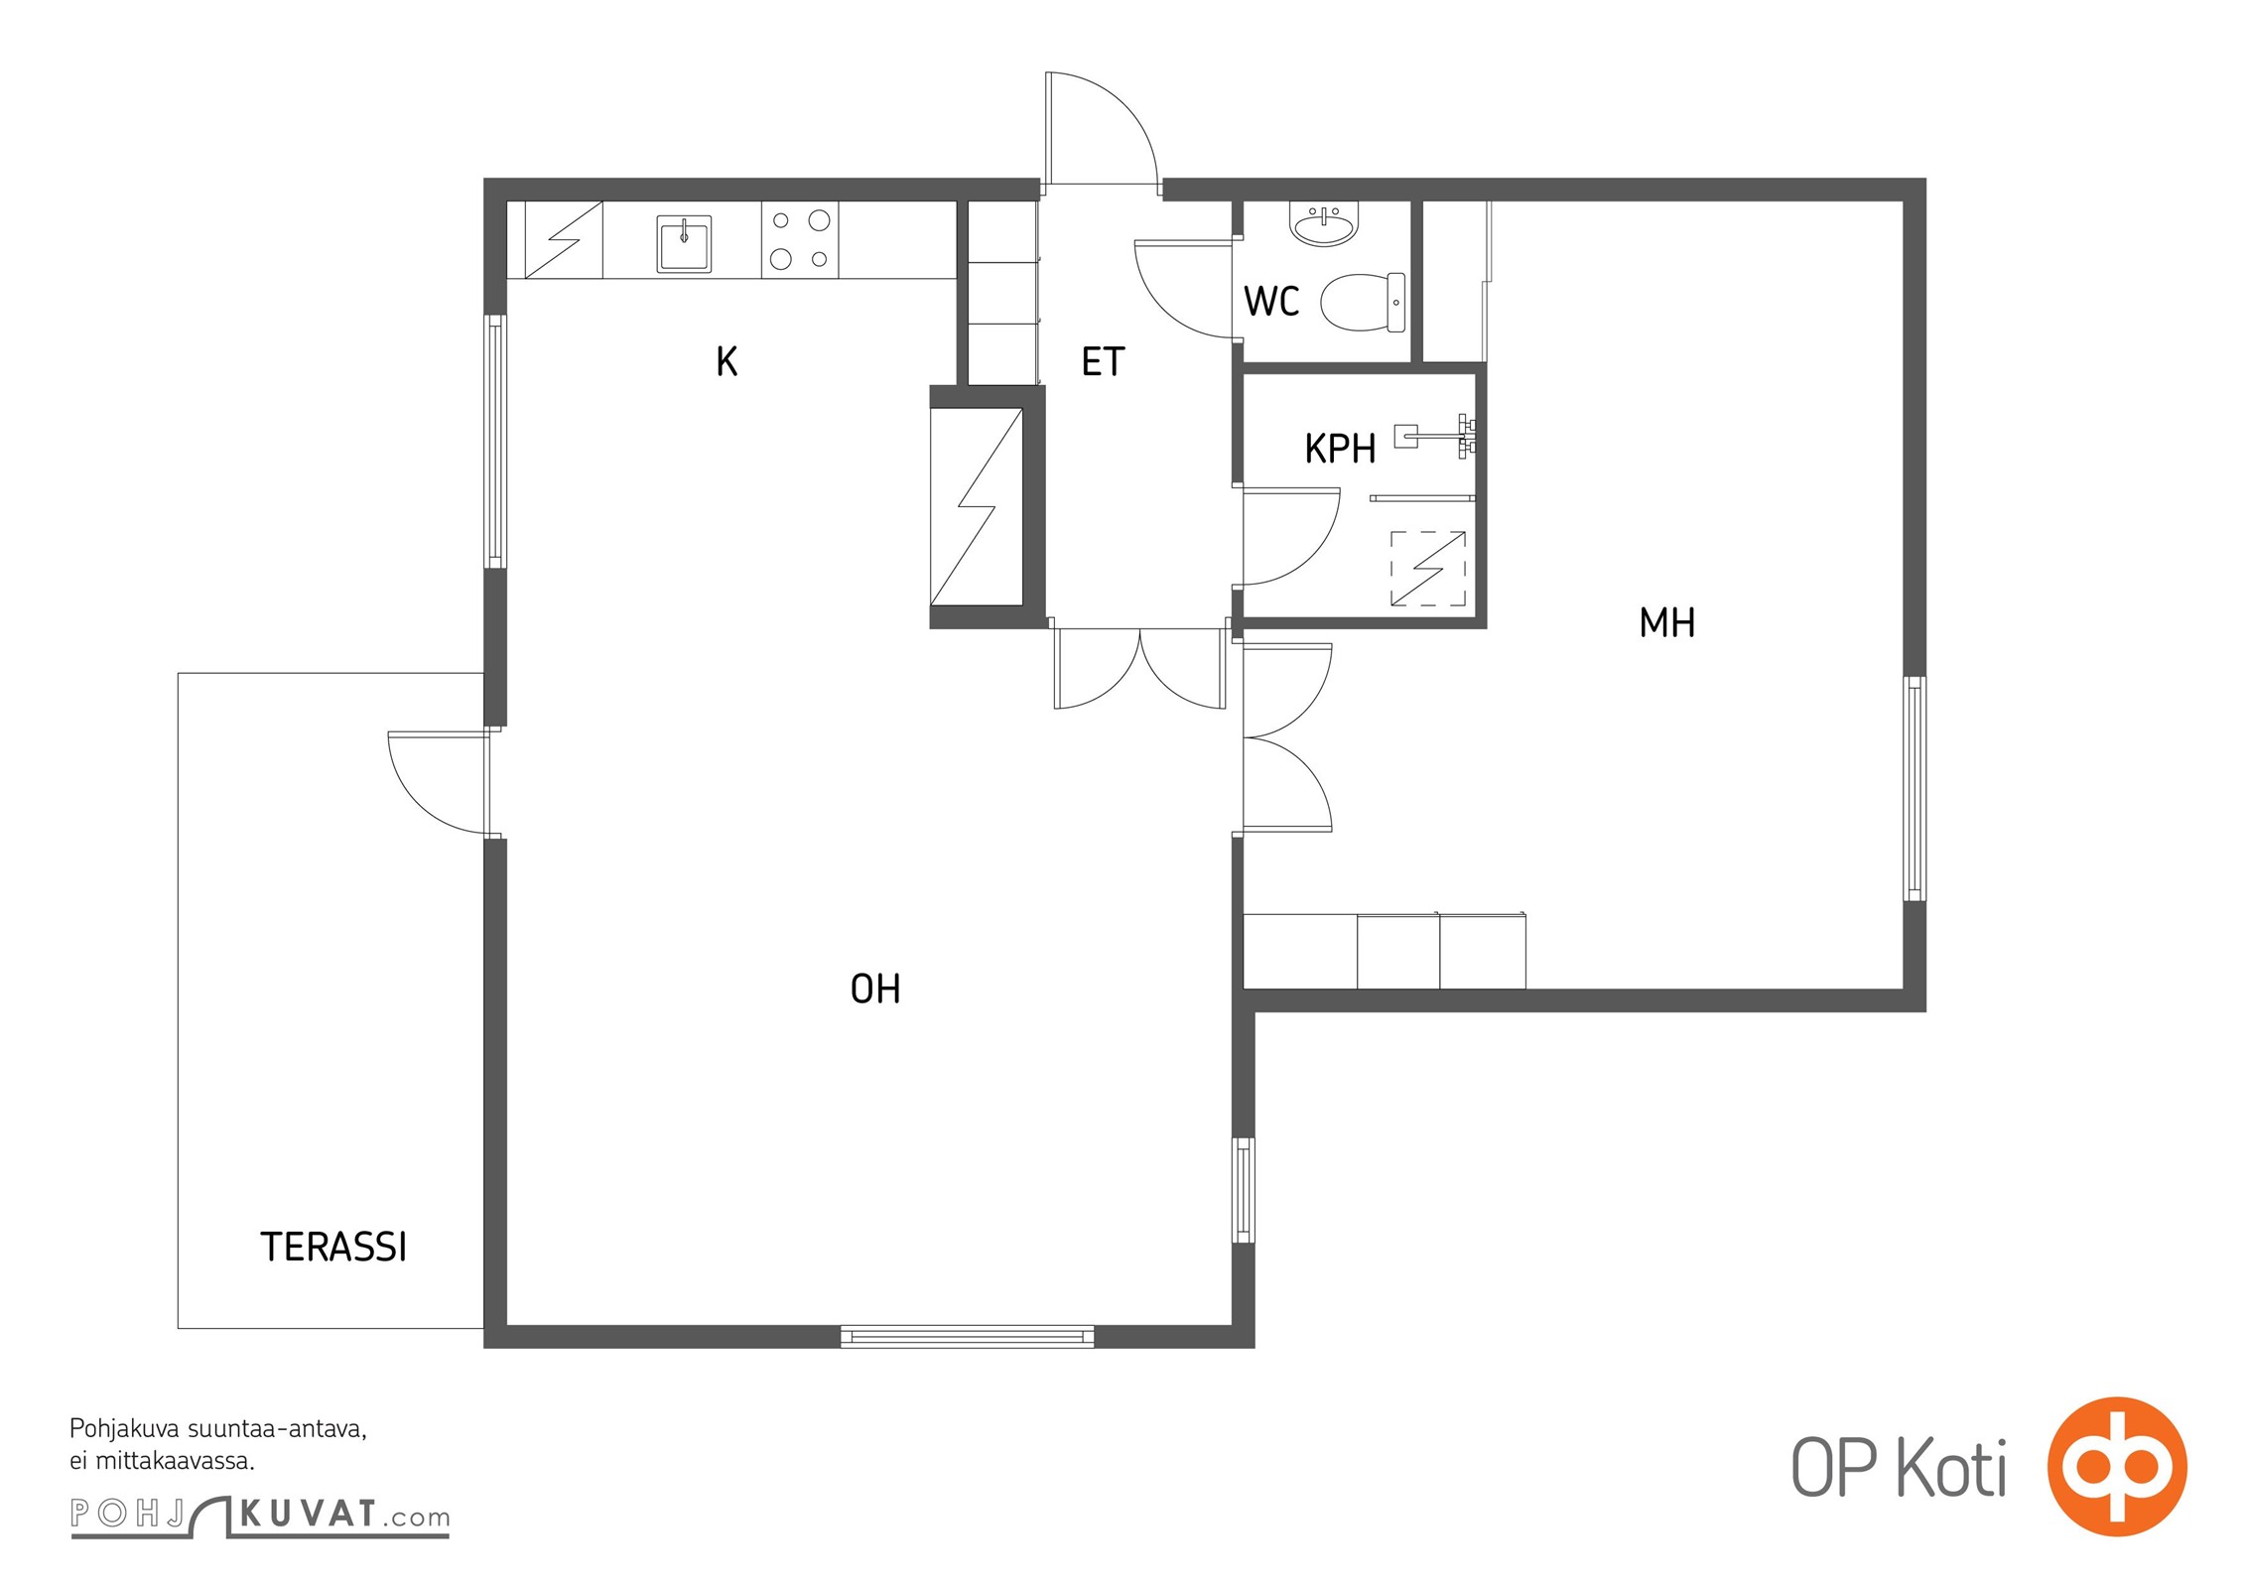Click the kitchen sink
click(x=684, y=244)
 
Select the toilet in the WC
click(x=1363, y=303)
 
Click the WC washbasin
click(x=1324, y=224)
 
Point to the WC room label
click(x=1271, y=301)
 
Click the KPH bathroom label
click(x=1340, y=450)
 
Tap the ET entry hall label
click(x=1103, y=362)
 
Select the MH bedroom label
click(x=1667, y=623)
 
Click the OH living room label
click(x=875, y=989)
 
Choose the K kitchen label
click(x=726, y=361)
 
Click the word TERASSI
click(x=333, y=1248)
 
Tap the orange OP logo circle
click(x=2117, y=1466)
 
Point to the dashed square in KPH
click(x=1428, y=569)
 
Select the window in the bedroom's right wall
click(x=1915, y=789)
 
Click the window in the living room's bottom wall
click(x=967, y=1337)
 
